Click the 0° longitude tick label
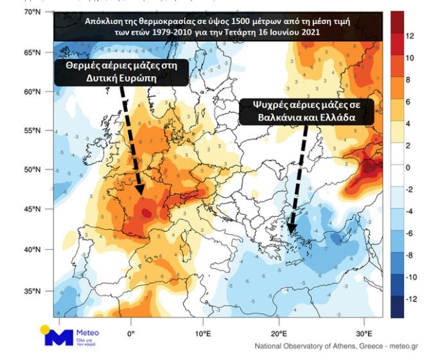tap(130, 334)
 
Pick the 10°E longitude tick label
tap(204, 334)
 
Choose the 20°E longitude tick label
tap(279, 334)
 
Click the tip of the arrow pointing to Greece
tap(290, 233)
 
